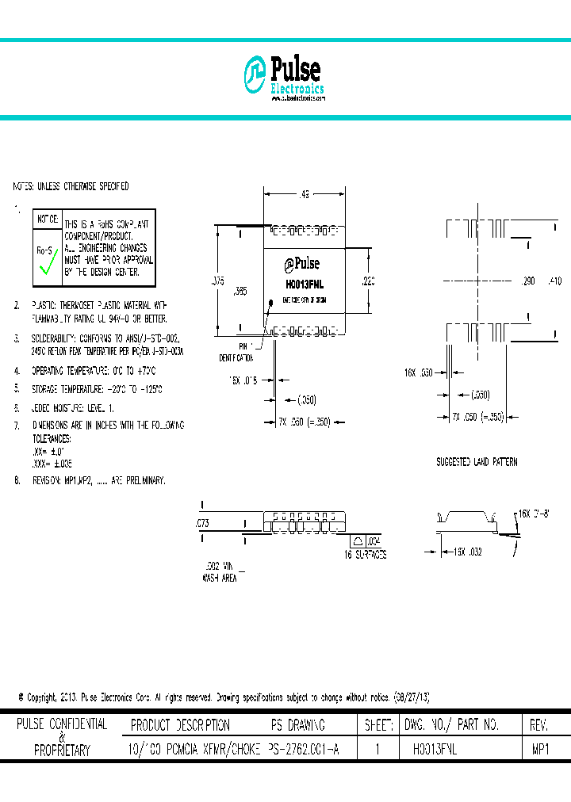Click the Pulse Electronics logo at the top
(284, 78)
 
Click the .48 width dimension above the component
(304, 193)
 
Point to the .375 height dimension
(219, 280)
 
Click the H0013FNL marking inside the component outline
(304, 283)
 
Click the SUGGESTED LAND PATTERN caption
(477, 461)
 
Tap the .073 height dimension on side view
(202, 523)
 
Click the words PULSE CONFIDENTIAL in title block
(62, 724)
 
